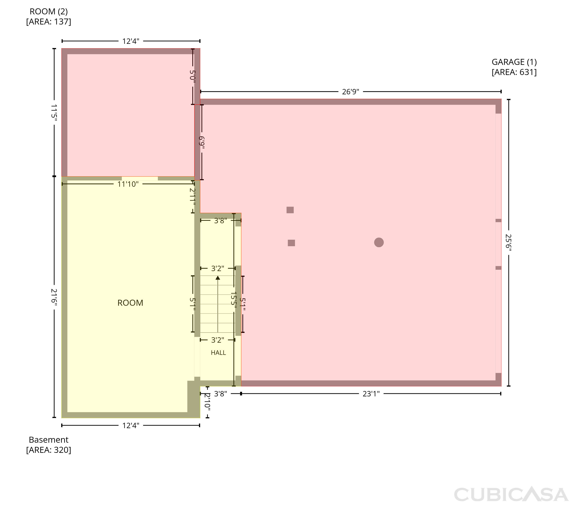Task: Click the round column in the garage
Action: tap(379, 242)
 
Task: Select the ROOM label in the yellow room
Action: tap(130, 303)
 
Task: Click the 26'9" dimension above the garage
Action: tap(351, 92)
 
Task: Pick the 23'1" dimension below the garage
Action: tap(371, 394)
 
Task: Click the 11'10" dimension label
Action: tap(128, 184)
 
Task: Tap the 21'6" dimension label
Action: tap(54, 297)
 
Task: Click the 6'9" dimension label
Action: tap(202, 142)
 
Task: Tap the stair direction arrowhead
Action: tap(218, 278)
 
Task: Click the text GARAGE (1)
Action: tap(514, 62)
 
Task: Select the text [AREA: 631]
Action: tap(514, 72)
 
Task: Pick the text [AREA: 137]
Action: tap(49, 22)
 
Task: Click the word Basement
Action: tap(49, 440)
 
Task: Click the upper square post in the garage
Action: tap(290, 210)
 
